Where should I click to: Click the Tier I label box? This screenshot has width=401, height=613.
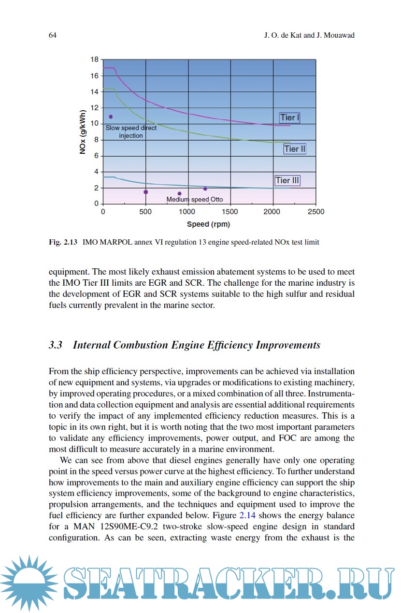(x=290, y=117)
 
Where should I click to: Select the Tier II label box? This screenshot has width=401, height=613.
(x=295, y=149)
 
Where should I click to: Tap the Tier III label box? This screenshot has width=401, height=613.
(x=287, y=180)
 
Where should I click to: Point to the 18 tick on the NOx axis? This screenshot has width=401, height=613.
(x=94, y=59)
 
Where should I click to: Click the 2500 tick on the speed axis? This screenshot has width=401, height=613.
(x=316, y=212)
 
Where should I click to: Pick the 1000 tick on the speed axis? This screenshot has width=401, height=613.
(x=188, y=212)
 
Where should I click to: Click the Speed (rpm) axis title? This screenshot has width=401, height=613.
(x=209, y=224)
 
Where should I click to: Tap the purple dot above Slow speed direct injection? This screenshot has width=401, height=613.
(x=111, y=117)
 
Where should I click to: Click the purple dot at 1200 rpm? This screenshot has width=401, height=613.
(x=205, y=189)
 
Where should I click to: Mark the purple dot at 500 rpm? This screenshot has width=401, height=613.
(x=145, y=192)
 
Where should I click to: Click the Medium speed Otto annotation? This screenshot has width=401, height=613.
(x=195, y=199)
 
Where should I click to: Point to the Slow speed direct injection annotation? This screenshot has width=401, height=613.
(x=131, y=132)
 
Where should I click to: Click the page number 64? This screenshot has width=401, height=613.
(x=53, y=35)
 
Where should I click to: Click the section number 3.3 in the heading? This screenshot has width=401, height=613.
(x=56, y=345)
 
